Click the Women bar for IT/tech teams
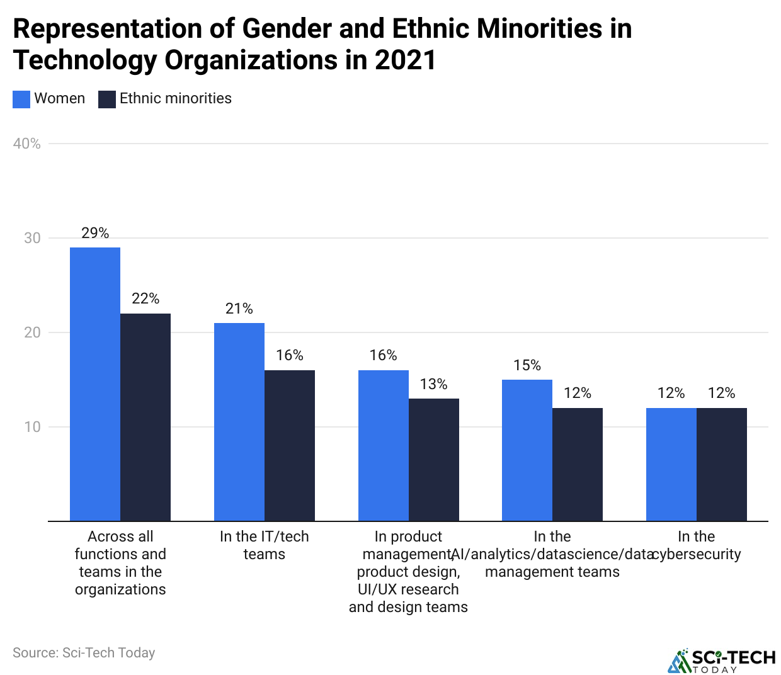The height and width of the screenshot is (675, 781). click(x=239, y=422)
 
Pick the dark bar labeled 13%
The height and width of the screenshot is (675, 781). click(x=434, y=460)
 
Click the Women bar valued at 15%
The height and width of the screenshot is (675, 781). click(x=527, y=450)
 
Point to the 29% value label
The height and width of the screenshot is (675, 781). click(x=95, y=233)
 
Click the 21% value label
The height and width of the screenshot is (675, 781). click(x=239, y=309)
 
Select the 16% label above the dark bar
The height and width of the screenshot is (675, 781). click(x=290, y=355)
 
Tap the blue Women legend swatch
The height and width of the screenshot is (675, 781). click(x=21, y=99)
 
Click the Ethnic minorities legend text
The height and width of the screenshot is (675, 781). click(x=175, y=98)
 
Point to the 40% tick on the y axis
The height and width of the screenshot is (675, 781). click(x=27, y=144)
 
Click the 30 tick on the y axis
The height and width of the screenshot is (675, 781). click(x=32, y=238)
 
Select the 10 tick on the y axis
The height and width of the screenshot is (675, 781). click(x=32, y=427)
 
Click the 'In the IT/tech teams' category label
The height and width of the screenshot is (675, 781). click(x=265, y=545)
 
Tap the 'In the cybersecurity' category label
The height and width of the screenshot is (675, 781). click(x=697, y=545)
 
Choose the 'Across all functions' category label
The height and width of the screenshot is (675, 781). click(x=120, y=563)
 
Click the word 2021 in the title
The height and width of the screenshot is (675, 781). click(x=405, y=60)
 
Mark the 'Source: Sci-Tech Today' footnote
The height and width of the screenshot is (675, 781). click(x=84, y=653)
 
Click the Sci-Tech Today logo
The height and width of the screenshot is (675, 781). click(x=722, y=661)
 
